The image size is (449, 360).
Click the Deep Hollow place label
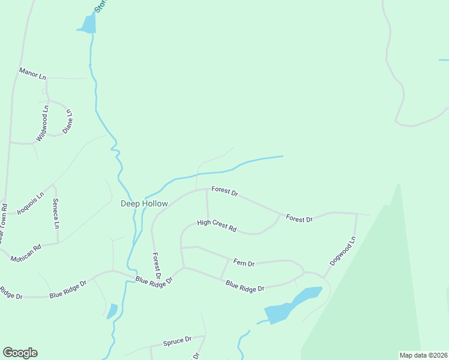tap(145, 203)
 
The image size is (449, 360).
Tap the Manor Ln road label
tap(32, 74)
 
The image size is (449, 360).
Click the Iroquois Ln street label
tap(31, 204)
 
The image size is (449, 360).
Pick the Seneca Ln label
tap(56, 213)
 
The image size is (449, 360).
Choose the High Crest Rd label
tap(217, 226)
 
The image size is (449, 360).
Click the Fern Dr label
tap(244, 263)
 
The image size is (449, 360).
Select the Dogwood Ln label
tap(343, 251)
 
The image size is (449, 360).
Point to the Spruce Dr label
tap(177, 341)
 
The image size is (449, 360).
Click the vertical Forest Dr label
tap(156, 266)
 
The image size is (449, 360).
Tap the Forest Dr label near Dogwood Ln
tap(300, 218)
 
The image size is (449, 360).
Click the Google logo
tap(20, 353)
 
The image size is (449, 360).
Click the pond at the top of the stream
tap(87, 24)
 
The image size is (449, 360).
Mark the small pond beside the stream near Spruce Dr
tap(112, 311)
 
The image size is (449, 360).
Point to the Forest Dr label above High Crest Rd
tap(225, 191)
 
